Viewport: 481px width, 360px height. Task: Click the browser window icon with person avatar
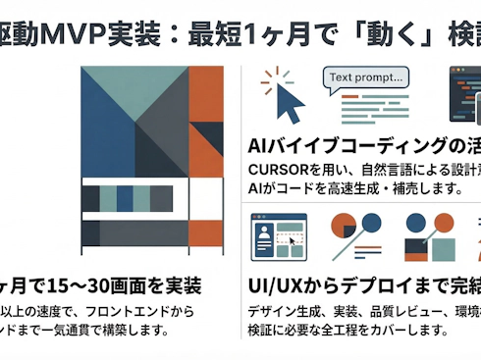(x=280, y=237)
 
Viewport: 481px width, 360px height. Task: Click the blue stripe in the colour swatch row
(x=125, y=199)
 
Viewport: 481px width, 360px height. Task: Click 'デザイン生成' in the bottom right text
(x=280, y=313)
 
